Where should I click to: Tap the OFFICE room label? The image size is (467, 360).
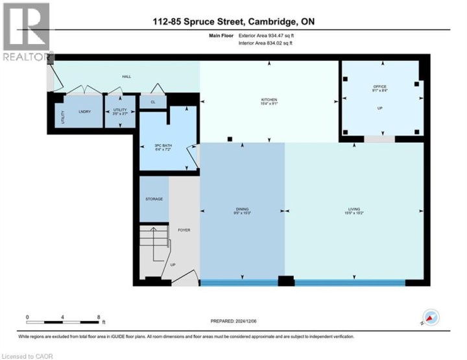[x=379, y=87]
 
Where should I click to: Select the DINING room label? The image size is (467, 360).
[x=241, y=209]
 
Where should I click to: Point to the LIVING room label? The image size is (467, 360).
[x=353, y=209]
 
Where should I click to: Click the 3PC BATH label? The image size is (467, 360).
[x=154, y=145]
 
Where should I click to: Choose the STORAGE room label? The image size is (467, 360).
[x=154, y=199]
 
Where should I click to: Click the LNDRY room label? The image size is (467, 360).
[x=83, y=111]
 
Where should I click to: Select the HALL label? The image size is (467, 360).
[x=126, y=77]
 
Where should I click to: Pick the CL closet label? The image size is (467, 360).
[x=153, y=102]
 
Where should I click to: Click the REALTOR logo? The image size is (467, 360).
[x=26, y=32]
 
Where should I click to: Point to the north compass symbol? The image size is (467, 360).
[x=431, y=318]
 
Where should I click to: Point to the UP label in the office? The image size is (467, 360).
[x=379, y=108]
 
